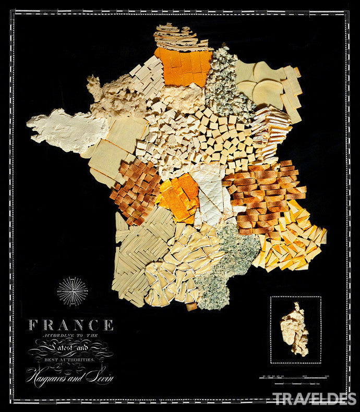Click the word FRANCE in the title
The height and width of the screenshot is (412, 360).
point(70,325)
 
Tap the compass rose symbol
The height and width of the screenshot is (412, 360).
point(73,290)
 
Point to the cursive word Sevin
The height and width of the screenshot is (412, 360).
point(99,375)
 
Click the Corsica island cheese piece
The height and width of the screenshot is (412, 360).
point(294,329)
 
